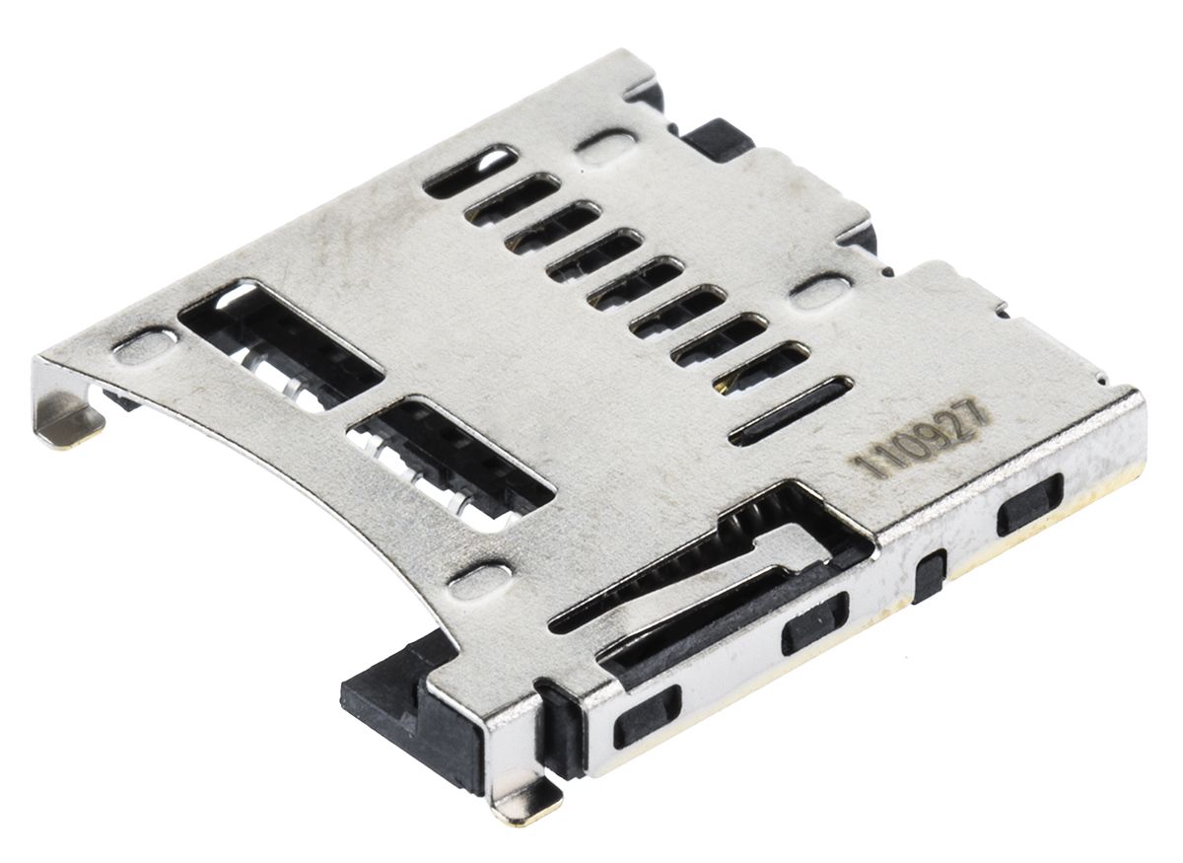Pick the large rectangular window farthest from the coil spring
pyautogui.click(x=281, y=341)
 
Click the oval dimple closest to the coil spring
pyautogui.click(x=480, y=579)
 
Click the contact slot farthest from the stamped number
pyautogui.click(x=469, y=171)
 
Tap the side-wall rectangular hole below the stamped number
pyautogui.click(x=1029, y=504)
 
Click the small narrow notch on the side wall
pyautogui.click(x=929, y=576)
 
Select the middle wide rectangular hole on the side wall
pyautogui.click(x=814, y=623)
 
